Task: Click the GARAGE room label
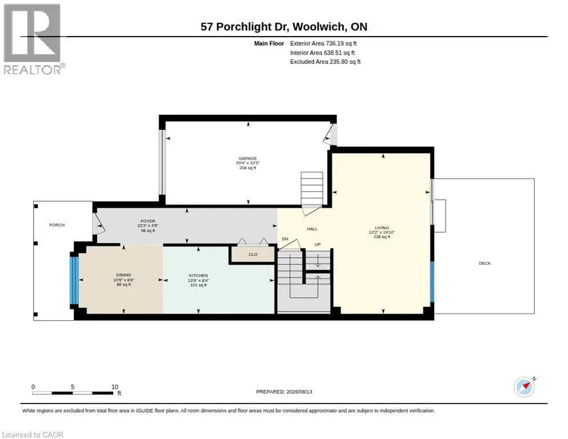tap(248, 158)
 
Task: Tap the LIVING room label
tap(382, 228)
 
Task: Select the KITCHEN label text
tap(198, 276)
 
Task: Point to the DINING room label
tap(123, 275)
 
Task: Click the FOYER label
tap(148, 221)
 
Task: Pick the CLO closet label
tap(253, 254)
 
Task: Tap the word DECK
tap(485, 263)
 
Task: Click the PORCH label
tap(57, 225)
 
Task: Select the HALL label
tap(312, 229)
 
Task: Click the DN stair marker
tap(285, 239)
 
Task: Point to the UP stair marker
tap(318, 244)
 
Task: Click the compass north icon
tap(525, 387)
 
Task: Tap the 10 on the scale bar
tap(115, 387)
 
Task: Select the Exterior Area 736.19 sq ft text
tap(323, 43)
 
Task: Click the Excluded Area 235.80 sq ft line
tap(325, 62)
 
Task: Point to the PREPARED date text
tap(284, 392)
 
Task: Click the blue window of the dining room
tap(74, 280)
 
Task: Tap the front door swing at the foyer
tap(98, 224)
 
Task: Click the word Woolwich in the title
tap(319, 26)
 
